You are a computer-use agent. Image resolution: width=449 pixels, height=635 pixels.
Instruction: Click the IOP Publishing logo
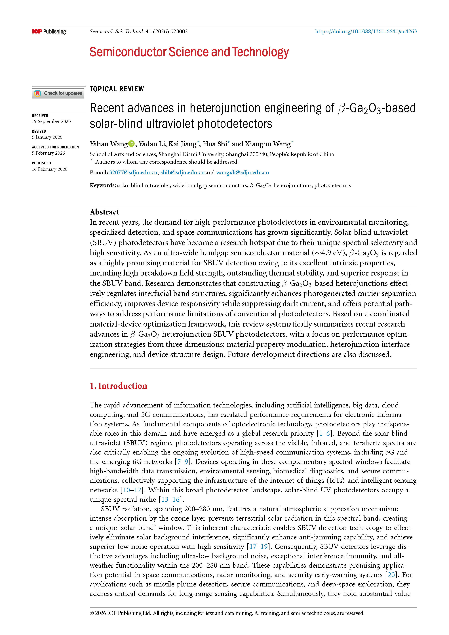[x=49, y=31]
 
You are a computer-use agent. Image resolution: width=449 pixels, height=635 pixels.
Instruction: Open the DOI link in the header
[x=366, y=31]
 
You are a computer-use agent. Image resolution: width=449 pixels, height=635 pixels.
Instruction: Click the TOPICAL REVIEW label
[x=117, y=89]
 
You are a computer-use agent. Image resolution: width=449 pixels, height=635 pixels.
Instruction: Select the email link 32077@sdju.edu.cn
[x=133, y=173]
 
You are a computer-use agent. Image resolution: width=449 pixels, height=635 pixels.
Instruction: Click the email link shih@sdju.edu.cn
[x=182, y=173]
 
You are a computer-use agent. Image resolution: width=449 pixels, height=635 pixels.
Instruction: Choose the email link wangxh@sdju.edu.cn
[x=243, y=173]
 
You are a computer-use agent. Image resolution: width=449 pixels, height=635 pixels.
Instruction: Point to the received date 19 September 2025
[x=51, y=121]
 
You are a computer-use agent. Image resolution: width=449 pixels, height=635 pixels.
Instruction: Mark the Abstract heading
[x=104, y=212]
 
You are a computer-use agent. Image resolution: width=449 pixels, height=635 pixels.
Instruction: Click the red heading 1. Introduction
[x=118, y=386]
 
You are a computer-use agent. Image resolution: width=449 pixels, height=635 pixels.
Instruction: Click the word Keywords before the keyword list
[x=102, y=186]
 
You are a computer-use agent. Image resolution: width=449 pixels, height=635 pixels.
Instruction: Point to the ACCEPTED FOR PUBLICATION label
[x=55, y=147]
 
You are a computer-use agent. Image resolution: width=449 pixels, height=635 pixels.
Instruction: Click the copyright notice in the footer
[x=227, y=613]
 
